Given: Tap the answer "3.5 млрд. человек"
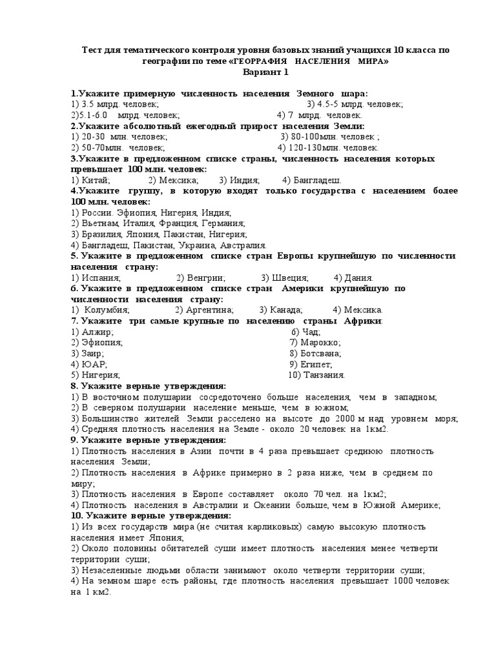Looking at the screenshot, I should [119, 104].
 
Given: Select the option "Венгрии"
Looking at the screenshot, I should [205, 278].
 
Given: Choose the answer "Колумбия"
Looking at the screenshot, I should [105, 310].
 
